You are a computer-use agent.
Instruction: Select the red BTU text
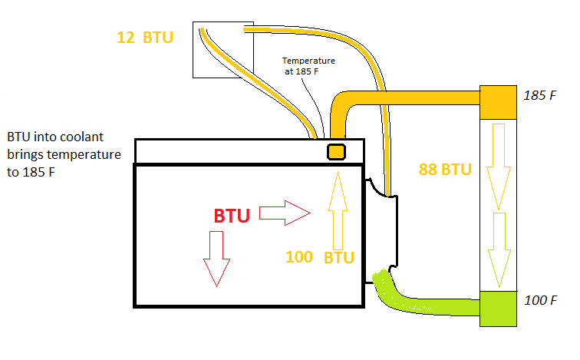232,216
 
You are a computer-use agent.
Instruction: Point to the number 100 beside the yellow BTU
299,257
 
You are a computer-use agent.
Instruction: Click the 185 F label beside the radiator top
539,97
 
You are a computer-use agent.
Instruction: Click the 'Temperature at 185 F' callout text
308,65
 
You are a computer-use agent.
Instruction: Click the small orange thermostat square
335,151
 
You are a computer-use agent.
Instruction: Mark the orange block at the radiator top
499,101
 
